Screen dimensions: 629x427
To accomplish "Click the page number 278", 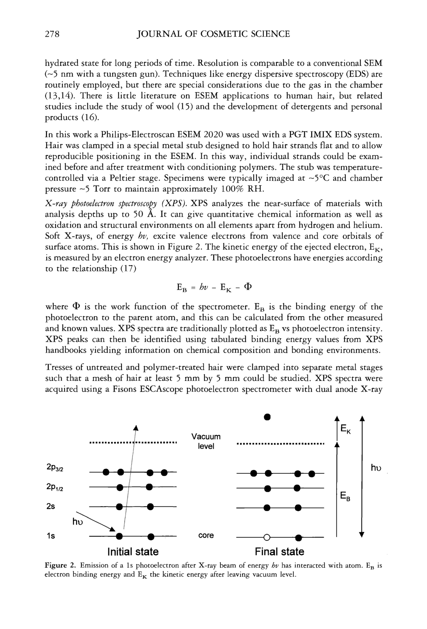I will coord(52,34).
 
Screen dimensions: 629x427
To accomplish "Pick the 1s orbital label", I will coord(51,536).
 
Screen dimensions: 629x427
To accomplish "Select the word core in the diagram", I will coord(206,535).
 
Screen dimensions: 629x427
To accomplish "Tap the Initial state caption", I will coord(133,551).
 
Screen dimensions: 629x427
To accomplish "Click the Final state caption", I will coord(279,551).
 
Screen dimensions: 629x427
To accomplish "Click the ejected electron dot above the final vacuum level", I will coord(267,417).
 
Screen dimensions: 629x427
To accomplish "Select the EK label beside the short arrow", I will coord(345,429).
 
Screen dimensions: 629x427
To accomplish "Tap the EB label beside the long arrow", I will coord(345,496).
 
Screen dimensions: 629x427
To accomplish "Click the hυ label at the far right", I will coord(376,468).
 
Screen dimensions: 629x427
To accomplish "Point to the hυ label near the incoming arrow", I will coord(77,522).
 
